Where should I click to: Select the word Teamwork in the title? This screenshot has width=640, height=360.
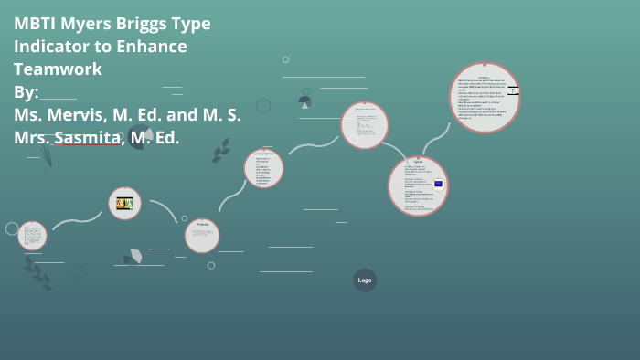[x=58, y=69]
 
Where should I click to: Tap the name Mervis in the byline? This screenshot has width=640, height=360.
[x=81, y=115]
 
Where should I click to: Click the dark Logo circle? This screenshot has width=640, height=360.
[x=365, y=280]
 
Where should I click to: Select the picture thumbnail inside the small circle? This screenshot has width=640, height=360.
[x=124, y=203]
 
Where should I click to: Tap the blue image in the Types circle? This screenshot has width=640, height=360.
[x=439, y=184]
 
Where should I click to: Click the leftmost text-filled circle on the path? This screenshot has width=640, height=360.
[x=32, y=235]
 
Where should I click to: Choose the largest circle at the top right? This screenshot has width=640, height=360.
[x=484, y=97]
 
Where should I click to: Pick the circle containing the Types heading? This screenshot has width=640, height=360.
[x=418, y=185]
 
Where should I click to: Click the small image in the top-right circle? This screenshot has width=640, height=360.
[x=514, y=90]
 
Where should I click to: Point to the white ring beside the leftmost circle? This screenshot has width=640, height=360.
[x=12, y=228]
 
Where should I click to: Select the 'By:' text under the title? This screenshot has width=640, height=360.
[x=27, y=92]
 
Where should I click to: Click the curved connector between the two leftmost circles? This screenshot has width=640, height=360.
[x=78, y=219]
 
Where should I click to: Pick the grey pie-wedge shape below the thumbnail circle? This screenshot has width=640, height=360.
[x=135, y=257]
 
